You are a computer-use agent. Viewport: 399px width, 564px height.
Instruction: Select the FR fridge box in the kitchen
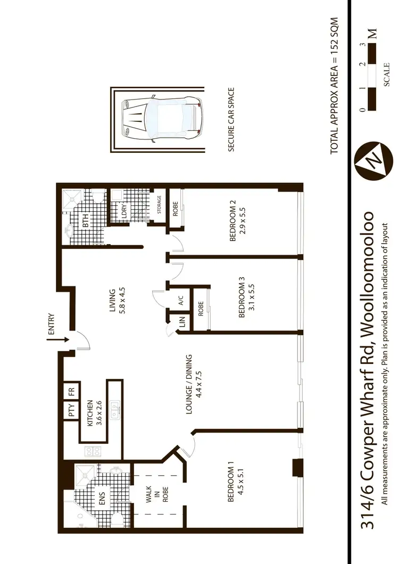tap(71, 392)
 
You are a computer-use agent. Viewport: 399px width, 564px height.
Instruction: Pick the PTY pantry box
tap(71, 410)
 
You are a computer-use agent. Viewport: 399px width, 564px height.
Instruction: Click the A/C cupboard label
tap(180, 300)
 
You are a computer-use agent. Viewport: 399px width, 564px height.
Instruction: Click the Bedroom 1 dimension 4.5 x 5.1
tap(240, 487)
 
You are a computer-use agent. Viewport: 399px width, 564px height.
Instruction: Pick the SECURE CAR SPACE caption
tap(231, 120)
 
